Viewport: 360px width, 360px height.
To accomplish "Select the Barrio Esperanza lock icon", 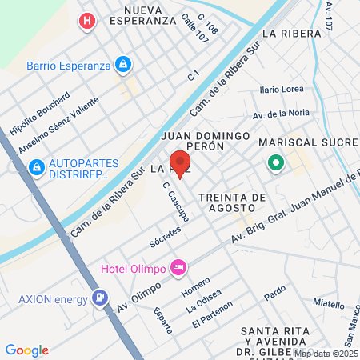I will point(122,64).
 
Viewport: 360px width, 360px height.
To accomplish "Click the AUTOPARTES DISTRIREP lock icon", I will point(35,167).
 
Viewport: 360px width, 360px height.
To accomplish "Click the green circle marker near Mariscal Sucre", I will point(276,164).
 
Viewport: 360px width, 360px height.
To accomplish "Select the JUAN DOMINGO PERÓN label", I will point(206,142).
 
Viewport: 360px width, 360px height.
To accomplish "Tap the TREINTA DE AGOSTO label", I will point(231,203).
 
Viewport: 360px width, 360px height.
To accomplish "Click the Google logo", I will point(26,350).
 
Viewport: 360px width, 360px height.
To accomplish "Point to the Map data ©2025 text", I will point(325,353).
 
